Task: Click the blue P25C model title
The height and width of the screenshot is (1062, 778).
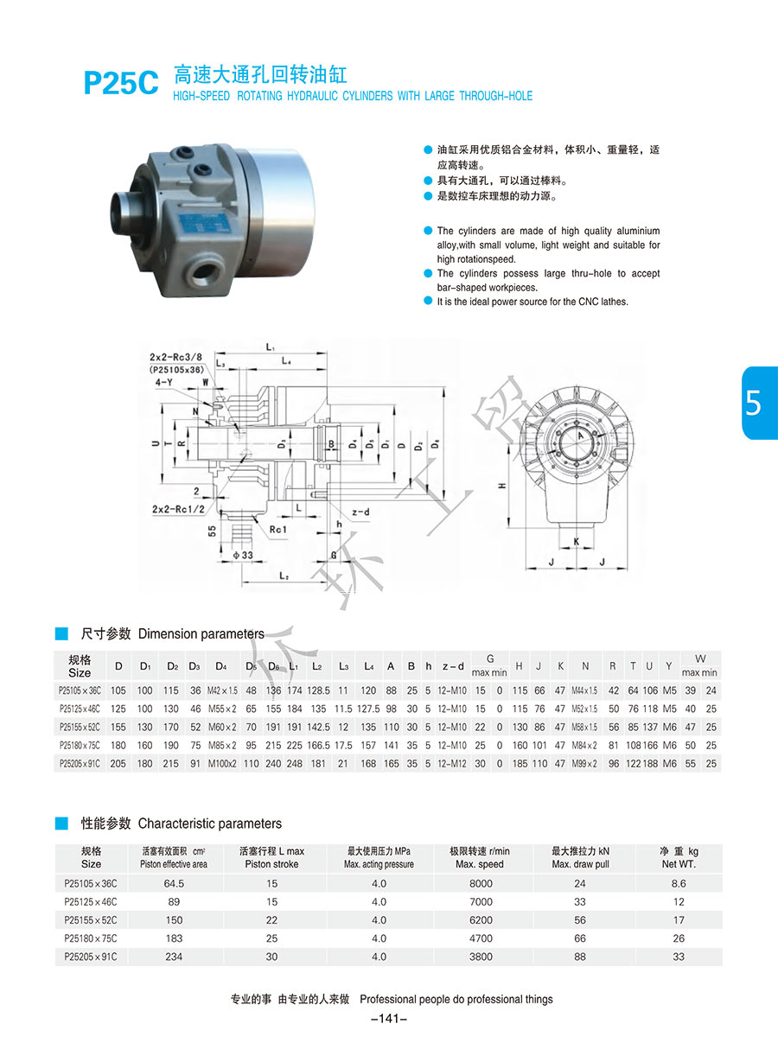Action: click(x=120, y=83)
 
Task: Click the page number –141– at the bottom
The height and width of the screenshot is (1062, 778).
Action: click(x=388, y=1019)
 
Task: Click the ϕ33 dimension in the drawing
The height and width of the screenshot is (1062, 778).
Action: click(x=242, y=554)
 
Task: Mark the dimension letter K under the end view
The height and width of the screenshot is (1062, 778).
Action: click(x=576, y=541)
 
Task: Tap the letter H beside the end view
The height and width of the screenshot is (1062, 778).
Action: click(x=501, y=486)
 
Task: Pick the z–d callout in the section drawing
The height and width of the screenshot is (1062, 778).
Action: click(x=360, y=512)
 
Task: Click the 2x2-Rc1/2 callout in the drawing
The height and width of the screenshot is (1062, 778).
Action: click(x=181, y=509)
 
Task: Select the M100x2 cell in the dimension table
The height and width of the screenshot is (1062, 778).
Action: click(x=222, y=763)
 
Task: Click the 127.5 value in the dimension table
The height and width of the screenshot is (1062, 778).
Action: click(x=369, y=709)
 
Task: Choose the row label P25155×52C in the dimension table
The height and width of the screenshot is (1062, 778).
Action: click(x=80, y=727)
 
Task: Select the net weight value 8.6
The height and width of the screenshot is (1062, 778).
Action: click(x=679, y=883)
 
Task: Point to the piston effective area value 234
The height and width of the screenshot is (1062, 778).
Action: click(x=174, y=957)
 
